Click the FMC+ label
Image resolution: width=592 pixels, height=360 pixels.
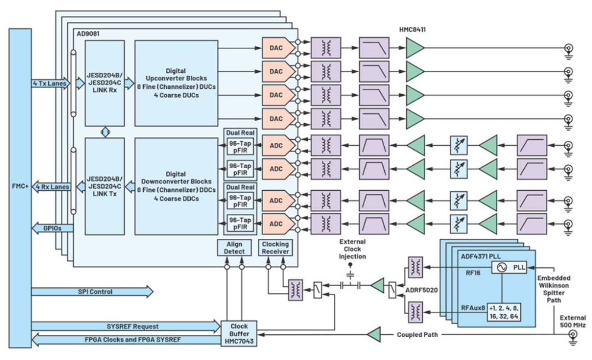(20, 186)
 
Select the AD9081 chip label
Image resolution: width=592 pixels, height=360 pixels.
(88, 33)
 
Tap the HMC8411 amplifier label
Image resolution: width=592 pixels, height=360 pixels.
(412, 30)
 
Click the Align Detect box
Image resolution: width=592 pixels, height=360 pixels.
(234, 248)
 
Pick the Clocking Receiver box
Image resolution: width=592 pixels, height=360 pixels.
(275, 248)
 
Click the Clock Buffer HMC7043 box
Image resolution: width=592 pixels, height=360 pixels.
(239, 334)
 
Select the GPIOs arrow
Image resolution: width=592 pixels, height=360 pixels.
(53, 228)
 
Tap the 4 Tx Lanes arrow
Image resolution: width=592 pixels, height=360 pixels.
(51, 83)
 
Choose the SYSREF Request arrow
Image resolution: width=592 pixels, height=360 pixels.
(126, 327)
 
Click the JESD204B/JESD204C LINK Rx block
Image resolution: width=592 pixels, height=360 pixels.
(105, 83)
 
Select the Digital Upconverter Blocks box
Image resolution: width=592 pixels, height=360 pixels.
(177, 83)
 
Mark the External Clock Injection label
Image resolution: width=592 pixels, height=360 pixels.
(352, 249)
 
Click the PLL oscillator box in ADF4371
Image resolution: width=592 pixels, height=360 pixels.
(509, 267)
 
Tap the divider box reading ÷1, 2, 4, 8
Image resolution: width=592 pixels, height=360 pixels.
(504, 312)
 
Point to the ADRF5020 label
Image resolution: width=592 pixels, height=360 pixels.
(422, 290)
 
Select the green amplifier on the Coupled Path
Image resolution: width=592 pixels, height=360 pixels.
(374, 334)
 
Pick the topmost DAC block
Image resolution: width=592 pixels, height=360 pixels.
(278, 48)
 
